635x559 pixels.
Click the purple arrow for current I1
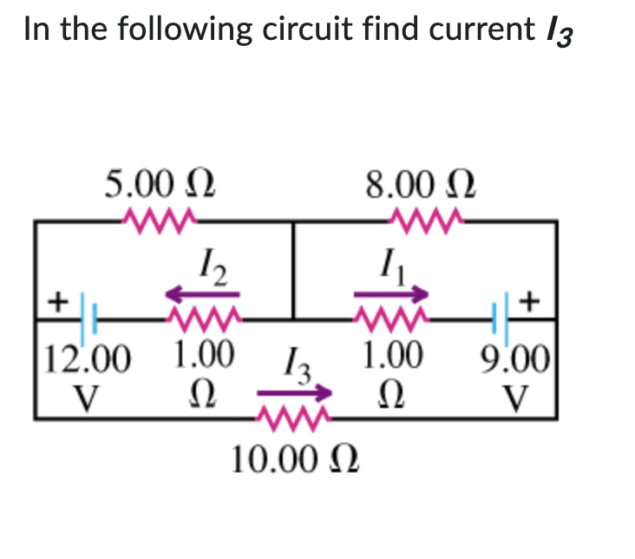[x=391, y=294]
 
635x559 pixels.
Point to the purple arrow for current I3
[x=295, y=395]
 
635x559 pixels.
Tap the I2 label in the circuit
[x=211, y=260]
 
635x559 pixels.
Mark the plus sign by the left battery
[x=57, y=302]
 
